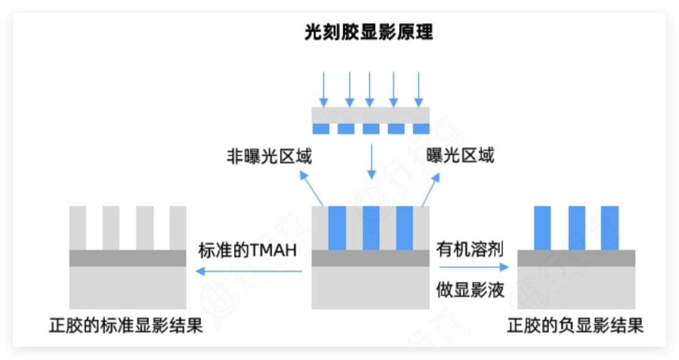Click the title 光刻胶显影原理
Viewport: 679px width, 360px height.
(369, 33)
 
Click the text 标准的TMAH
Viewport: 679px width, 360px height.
(247, 250)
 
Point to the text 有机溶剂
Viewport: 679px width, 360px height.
(470, 249)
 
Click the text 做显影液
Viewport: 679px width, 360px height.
(470, 290)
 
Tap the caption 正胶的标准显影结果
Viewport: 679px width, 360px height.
(126, 326)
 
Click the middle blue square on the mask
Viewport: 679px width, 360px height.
(371, 129)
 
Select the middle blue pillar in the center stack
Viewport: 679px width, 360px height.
(371, 227)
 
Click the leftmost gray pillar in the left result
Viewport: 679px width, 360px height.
(77, 227)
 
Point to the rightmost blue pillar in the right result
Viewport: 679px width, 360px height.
(610, 227)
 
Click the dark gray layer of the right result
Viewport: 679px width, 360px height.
(576, 258)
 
